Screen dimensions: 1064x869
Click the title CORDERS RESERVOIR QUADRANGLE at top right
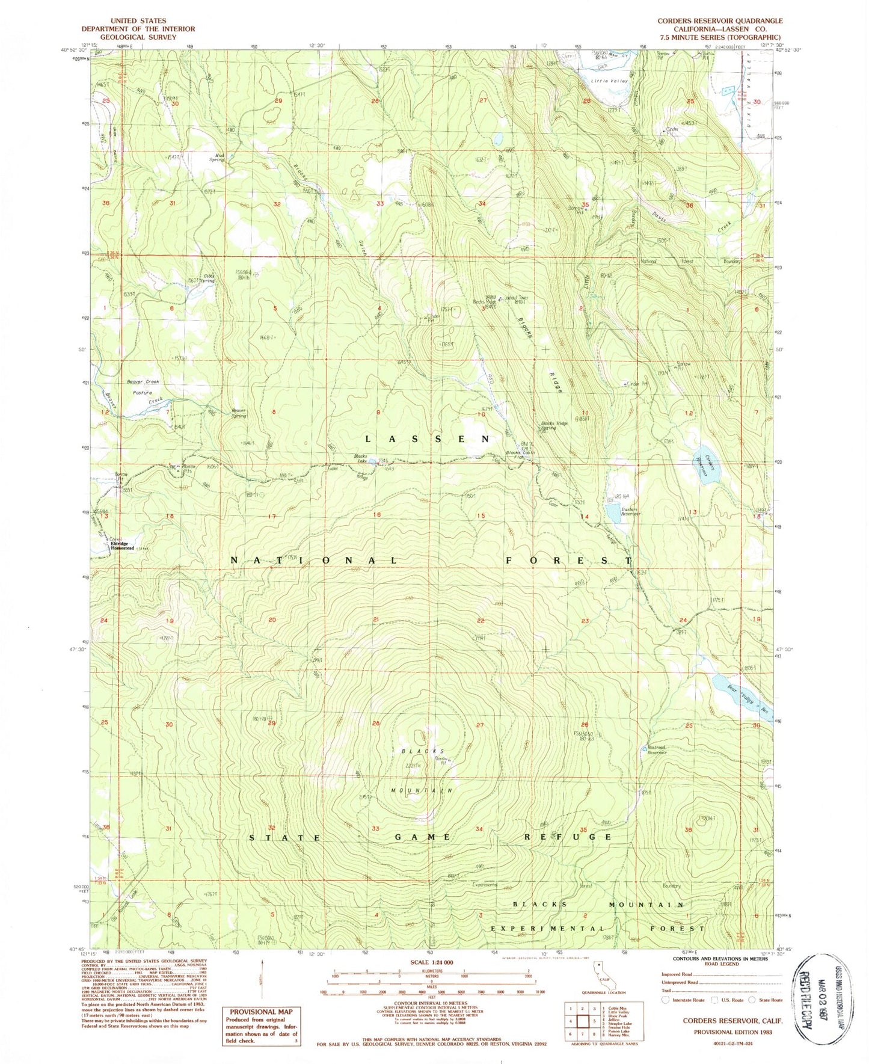coord(719,20)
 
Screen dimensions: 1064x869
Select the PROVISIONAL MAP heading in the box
coord(260,1012)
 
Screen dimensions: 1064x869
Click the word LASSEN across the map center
coord(428,439)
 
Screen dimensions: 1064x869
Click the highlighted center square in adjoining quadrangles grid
coord(582,1020)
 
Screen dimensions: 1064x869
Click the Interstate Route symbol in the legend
coord(665,1000)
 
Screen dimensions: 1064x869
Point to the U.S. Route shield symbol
coord(714,1000)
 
